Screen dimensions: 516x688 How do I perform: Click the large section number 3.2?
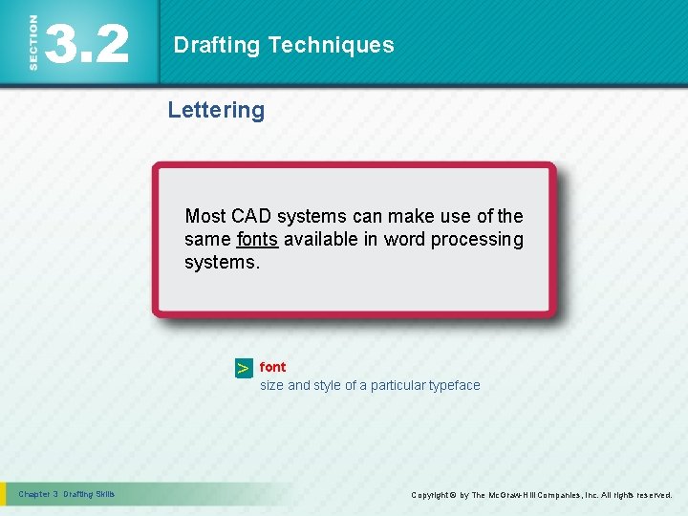87,44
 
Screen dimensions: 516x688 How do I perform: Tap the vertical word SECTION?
33,43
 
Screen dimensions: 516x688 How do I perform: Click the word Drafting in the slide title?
217,45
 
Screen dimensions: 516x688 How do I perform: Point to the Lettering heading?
216,110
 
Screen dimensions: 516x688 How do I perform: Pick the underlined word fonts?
257,239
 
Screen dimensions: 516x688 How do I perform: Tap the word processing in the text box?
477,239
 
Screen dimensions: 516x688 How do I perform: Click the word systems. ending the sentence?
222,262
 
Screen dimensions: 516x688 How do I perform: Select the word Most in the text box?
205,216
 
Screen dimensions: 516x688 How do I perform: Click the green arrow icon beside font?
244,368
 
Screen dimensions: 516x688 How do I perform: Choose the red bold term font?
272,367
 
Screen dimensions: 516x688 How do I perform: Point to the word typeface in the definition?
455,385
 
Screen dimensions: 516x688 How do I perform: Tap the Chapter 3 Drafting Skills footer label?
66,494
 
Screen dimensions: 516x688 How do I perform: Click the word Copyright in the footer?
430,495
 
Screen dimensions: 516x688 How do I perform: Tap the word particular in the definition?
398,385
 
